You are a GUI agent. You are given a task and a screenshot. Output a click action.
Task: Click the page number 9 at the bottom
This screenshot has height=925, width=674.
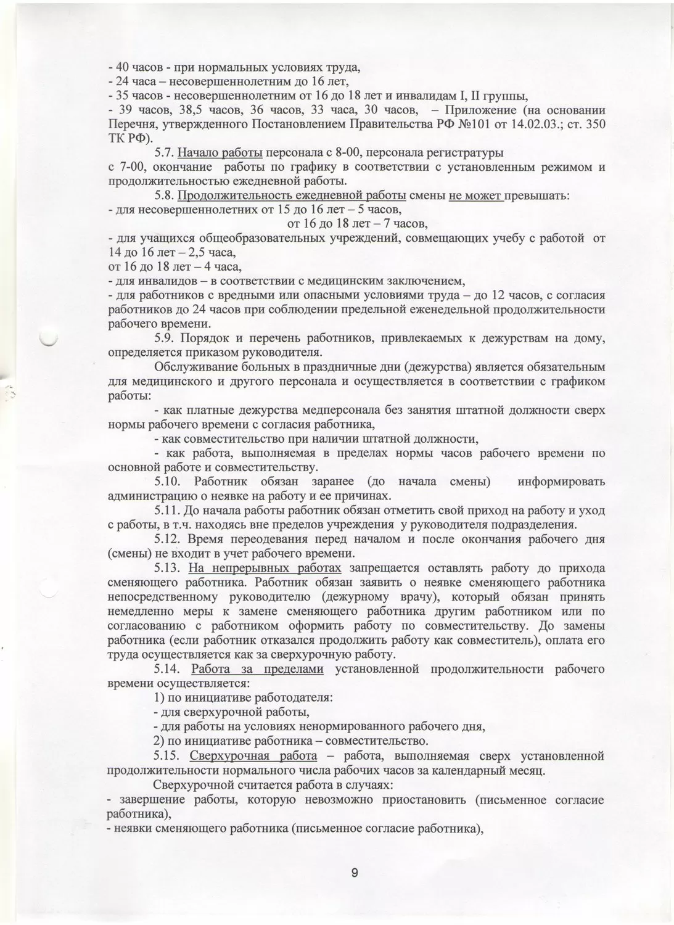pos(355,873)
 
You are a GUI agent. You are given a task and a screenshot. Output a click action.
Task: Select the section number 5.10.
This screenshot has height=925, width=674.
pos(166,481)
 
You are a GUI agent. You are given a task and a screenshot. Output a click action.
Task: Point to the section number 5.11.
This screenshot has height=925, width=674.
pos(166,510)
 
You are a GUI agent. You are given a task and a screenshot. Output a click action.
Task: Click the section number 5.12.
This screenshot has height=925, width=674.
pos(166,539)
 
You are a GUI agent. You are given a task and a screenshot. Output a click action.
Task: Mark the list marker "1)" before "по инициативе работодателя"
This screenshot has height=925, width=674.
pos(159,697)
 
